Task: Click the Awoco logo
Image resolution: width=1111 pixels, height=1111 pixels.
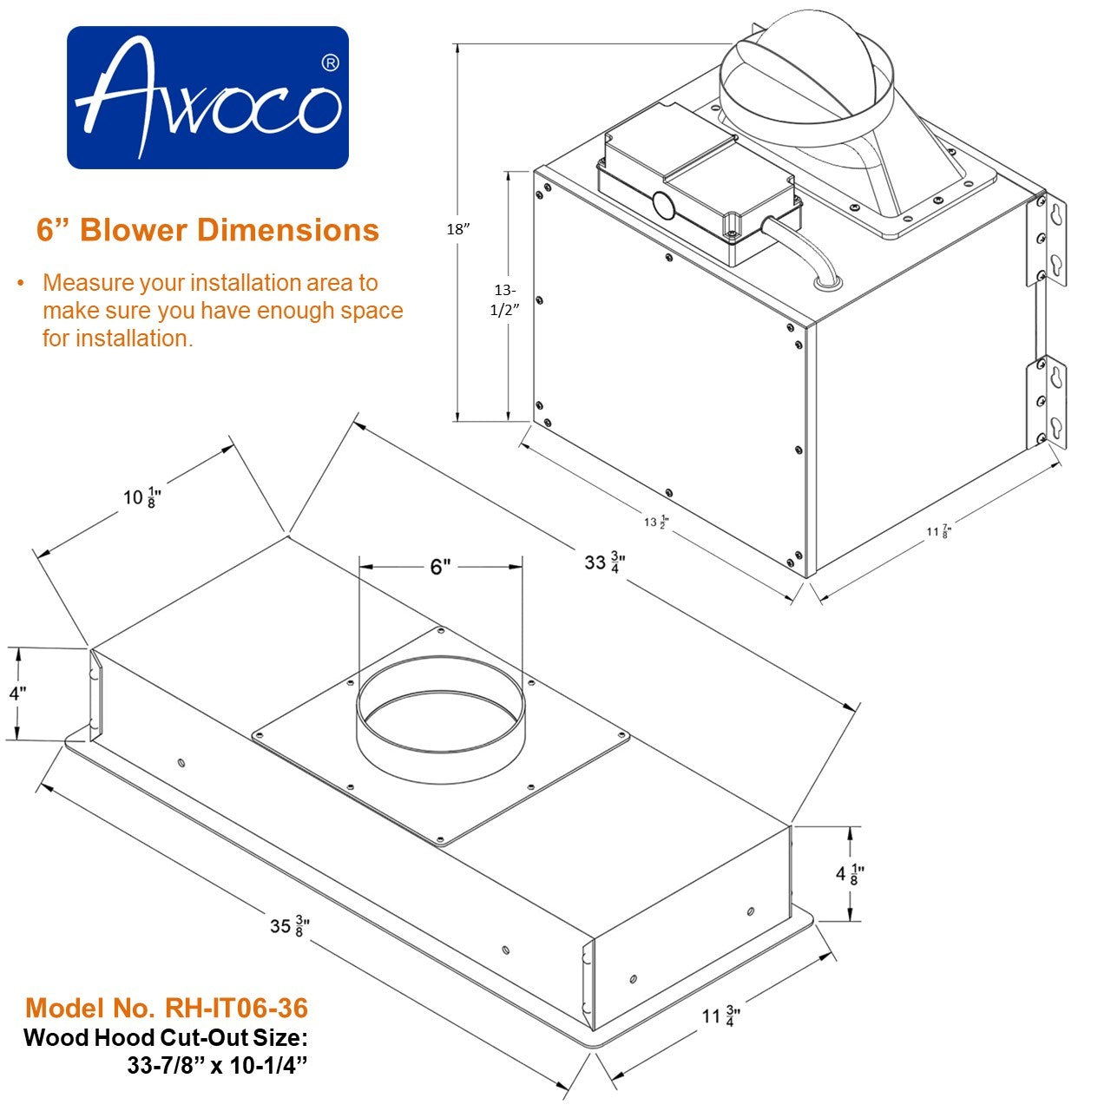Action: tap(207, 97)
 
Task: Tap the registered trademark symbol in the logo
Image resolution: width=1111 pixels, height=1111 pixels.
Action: tap(330, 63)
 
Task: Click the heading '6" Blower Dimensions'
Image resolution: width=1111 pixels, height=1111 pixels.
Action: tap(207, 230)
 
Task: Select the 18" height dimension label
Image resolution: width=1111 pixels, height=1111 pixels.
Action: tap(457, 229)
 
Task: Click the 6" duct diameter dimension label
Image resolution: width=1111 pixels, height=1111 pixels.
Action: tap(441, 567)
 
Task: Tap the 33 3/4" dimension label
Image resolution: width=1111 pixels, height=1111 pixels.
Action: tap(605, 562)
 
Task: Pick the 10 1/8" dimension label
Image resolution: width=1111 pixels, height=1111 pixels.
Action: tap(142, 497)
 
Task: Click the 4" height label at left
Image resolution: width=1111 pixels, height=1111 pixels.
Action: tap(17, 694)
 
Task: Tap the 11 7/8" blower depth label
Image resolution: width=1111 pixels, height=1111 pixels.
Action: tap(938, 530)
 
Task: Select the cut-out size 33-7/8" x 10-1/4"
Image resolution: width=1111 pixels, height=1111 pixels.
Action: tap(218, 1067)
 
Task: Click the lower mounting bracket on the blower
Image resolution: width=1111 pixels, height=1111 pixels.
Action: tap(1047, 402)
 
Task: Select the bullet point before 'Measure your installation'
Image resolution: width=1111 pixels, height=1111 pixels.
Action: tap(20, 284)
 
